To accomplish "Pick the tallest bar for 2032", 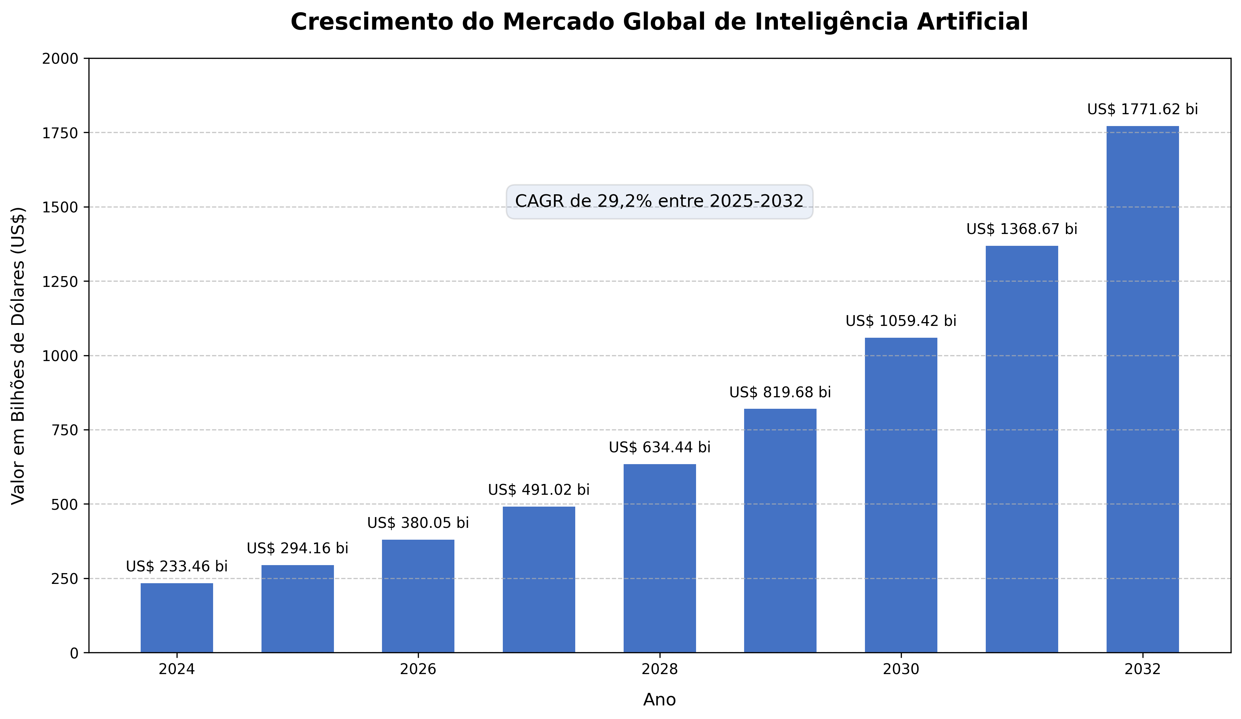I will tap(1142, 389).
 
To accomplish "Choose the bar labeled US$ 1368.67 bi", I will tap(1022, 449).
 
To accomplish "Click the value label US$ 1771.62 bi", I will tap(1142, 109).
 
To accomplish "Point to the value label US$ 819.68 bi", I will tap(780, 392).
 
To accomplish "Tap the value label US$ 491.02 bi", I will tap(539, 490).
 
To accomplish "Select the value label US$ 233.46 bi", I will tap(177, 566).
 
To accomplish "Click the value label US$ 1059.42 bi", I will tap(901, 321).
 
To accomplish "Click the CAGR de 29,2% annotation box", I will tap(659, 201).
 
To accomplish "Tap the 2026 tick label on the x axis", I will tap(418, 669).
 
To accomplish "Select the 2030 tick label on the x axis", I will tap(901, 669).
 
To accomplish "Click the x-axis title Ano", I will tap(659, 700).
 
